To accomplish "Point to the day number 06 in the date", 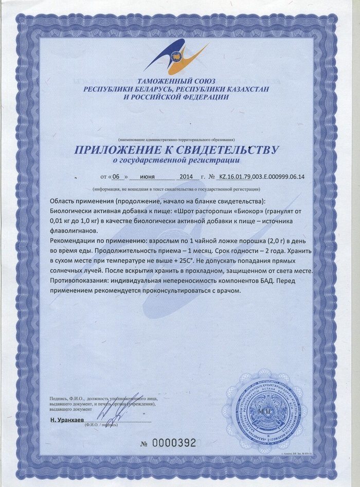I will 116,177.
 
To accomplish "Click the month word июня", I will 148,177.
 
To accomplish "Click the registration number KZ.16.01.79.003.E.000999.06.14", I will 261,177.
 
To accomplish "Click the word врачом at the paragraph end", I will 228,290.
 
